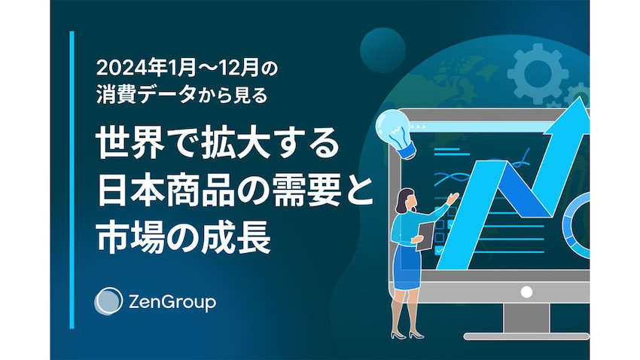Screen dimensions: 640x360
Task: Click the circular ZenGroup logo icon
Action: (x=108, y=301)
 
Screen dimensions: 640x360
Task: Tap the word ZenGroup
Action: (x=172, y=303)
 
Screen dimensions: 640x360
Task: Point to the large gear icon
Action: (x=538, y=75)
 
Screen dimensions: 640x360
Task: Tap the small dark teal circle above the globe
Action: (x=382, y=50)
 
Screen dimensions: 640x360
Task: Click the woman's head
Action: (x=406, y=200)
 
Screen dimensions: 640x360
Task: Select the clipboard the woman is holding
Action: (x=425, y=236)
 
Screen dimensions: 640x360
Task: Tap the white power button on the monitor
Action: (x=526, y=291)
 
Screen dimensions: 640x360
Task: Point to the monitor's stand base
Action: (x=526, y=337)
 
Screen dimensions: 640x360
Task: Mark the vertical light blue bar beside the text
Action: (x=72, y=179)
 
